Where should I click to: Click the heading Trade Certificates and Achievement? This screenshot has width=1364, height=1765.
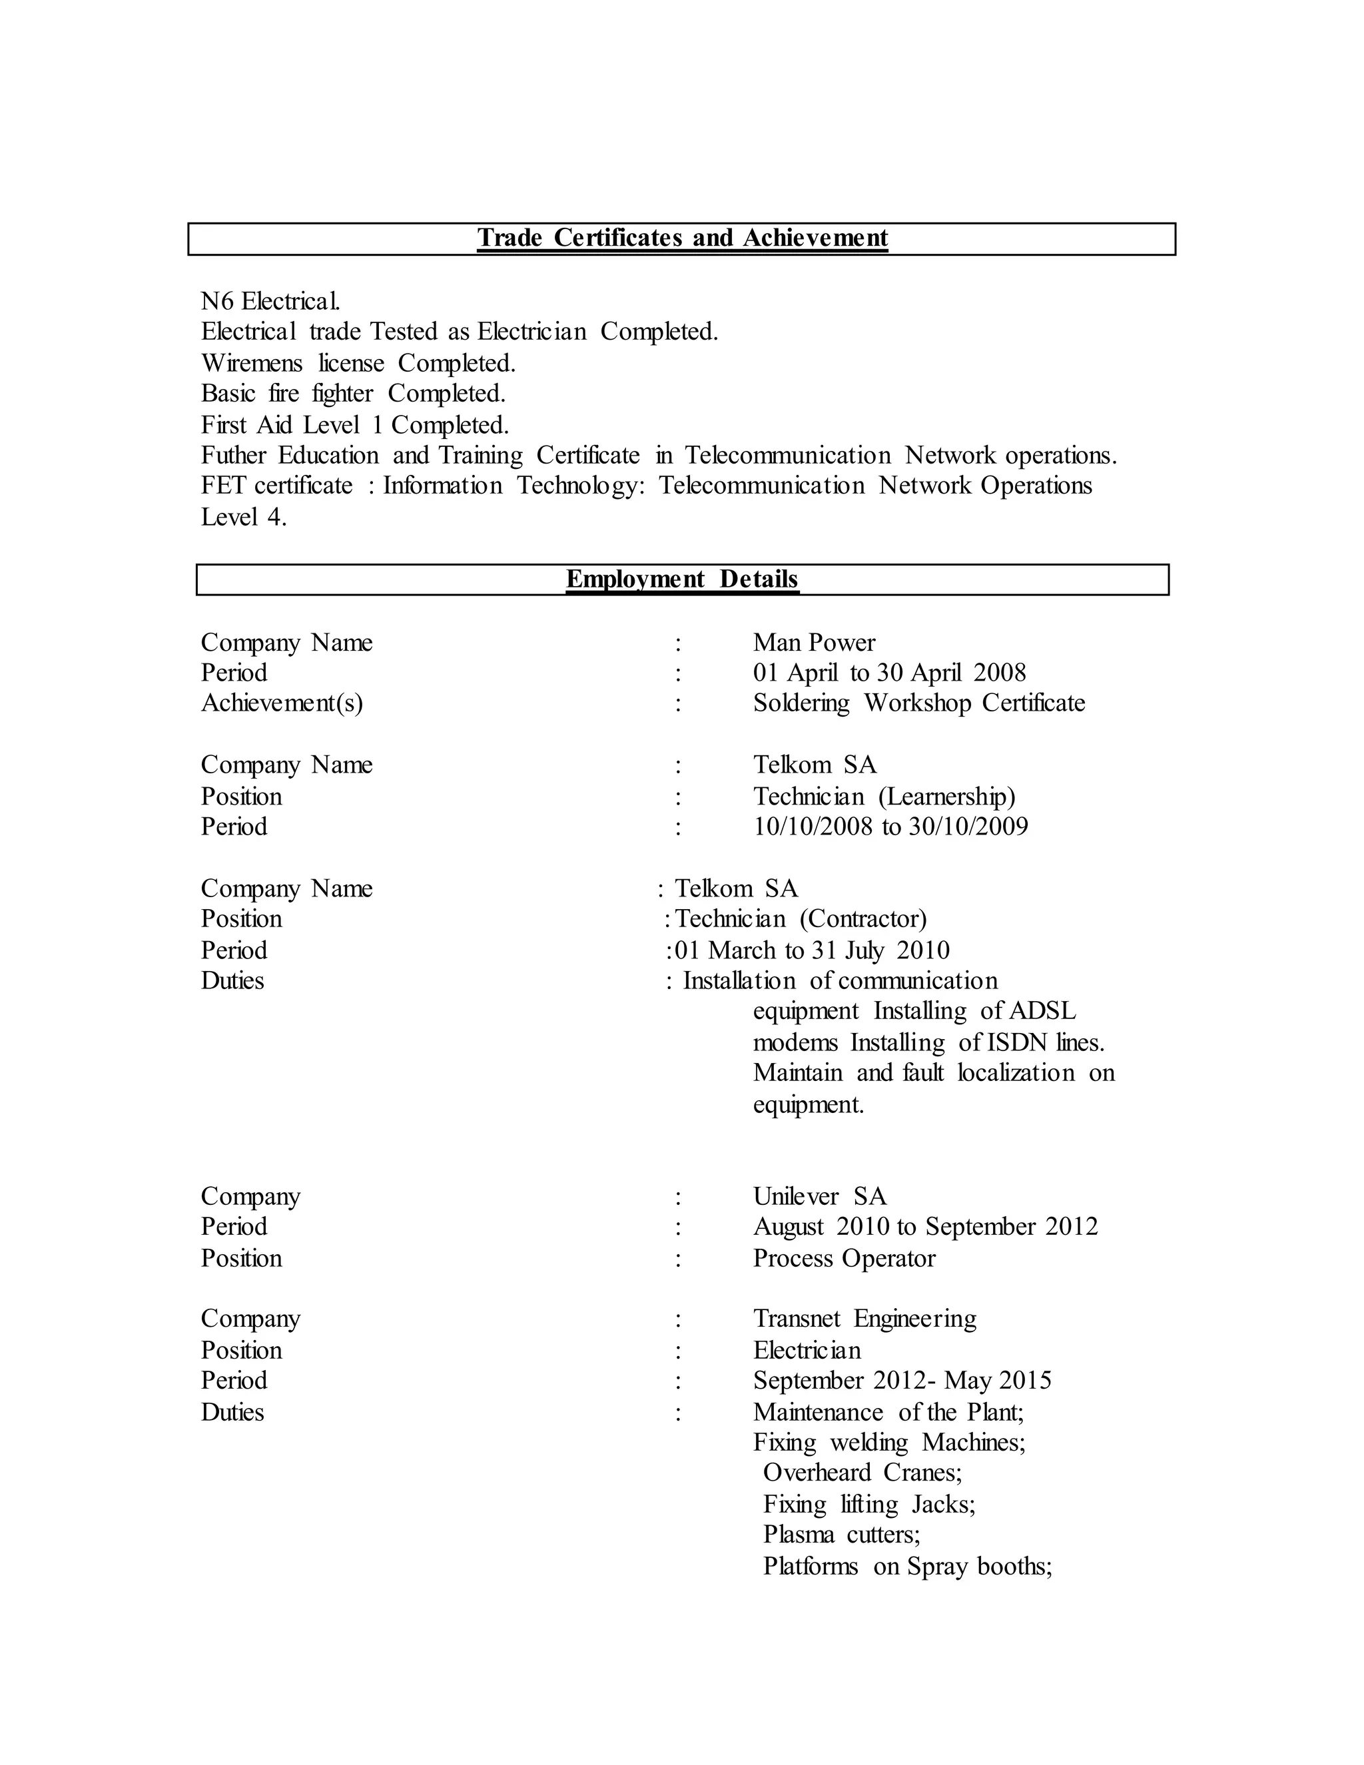coord(682,238)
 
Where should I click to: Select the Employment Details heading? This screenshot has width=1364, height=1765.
coord(682,579)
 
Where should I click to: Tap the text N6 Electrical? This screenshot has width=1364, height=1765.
coord(270,302)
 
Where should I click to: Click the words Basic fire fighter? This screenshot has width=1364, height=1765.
coord(287,394)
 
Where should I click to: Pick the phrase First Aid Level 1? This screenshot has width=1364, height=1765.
coord(292,425)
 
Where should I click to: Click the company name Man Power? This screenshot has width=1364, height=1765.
coord(814,643)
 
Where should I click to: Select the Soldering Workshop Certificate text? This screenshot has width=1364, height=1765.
coord(918,703)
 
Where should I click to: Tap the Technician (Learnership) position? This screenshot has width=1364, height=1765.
coord(884,797)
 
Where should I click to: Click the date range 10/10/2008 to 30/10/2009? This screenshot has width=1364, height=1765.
coord(890,827)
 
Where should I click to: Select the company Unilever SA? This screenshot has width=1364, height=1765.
coord(819,1196)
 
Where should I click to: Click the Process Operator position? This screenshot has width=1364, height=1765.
coord(844,1258)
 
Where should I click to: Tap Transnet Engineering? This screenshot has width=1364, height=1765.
coord(864,1319)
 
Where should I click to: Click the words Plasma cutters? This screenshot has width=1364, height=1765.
coord(841,1534)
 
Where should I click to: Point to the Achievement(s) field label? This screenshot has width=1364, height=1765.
coord(282,703)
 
